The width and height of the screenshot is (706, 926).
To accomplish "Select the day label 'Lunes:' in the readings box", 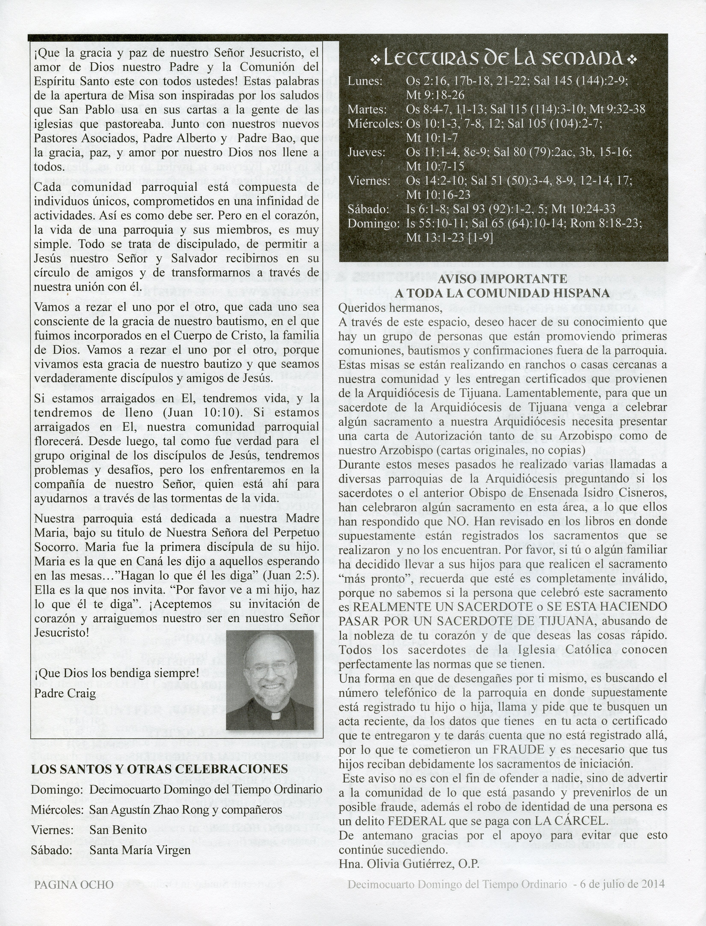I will click(x=365, y=81).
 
